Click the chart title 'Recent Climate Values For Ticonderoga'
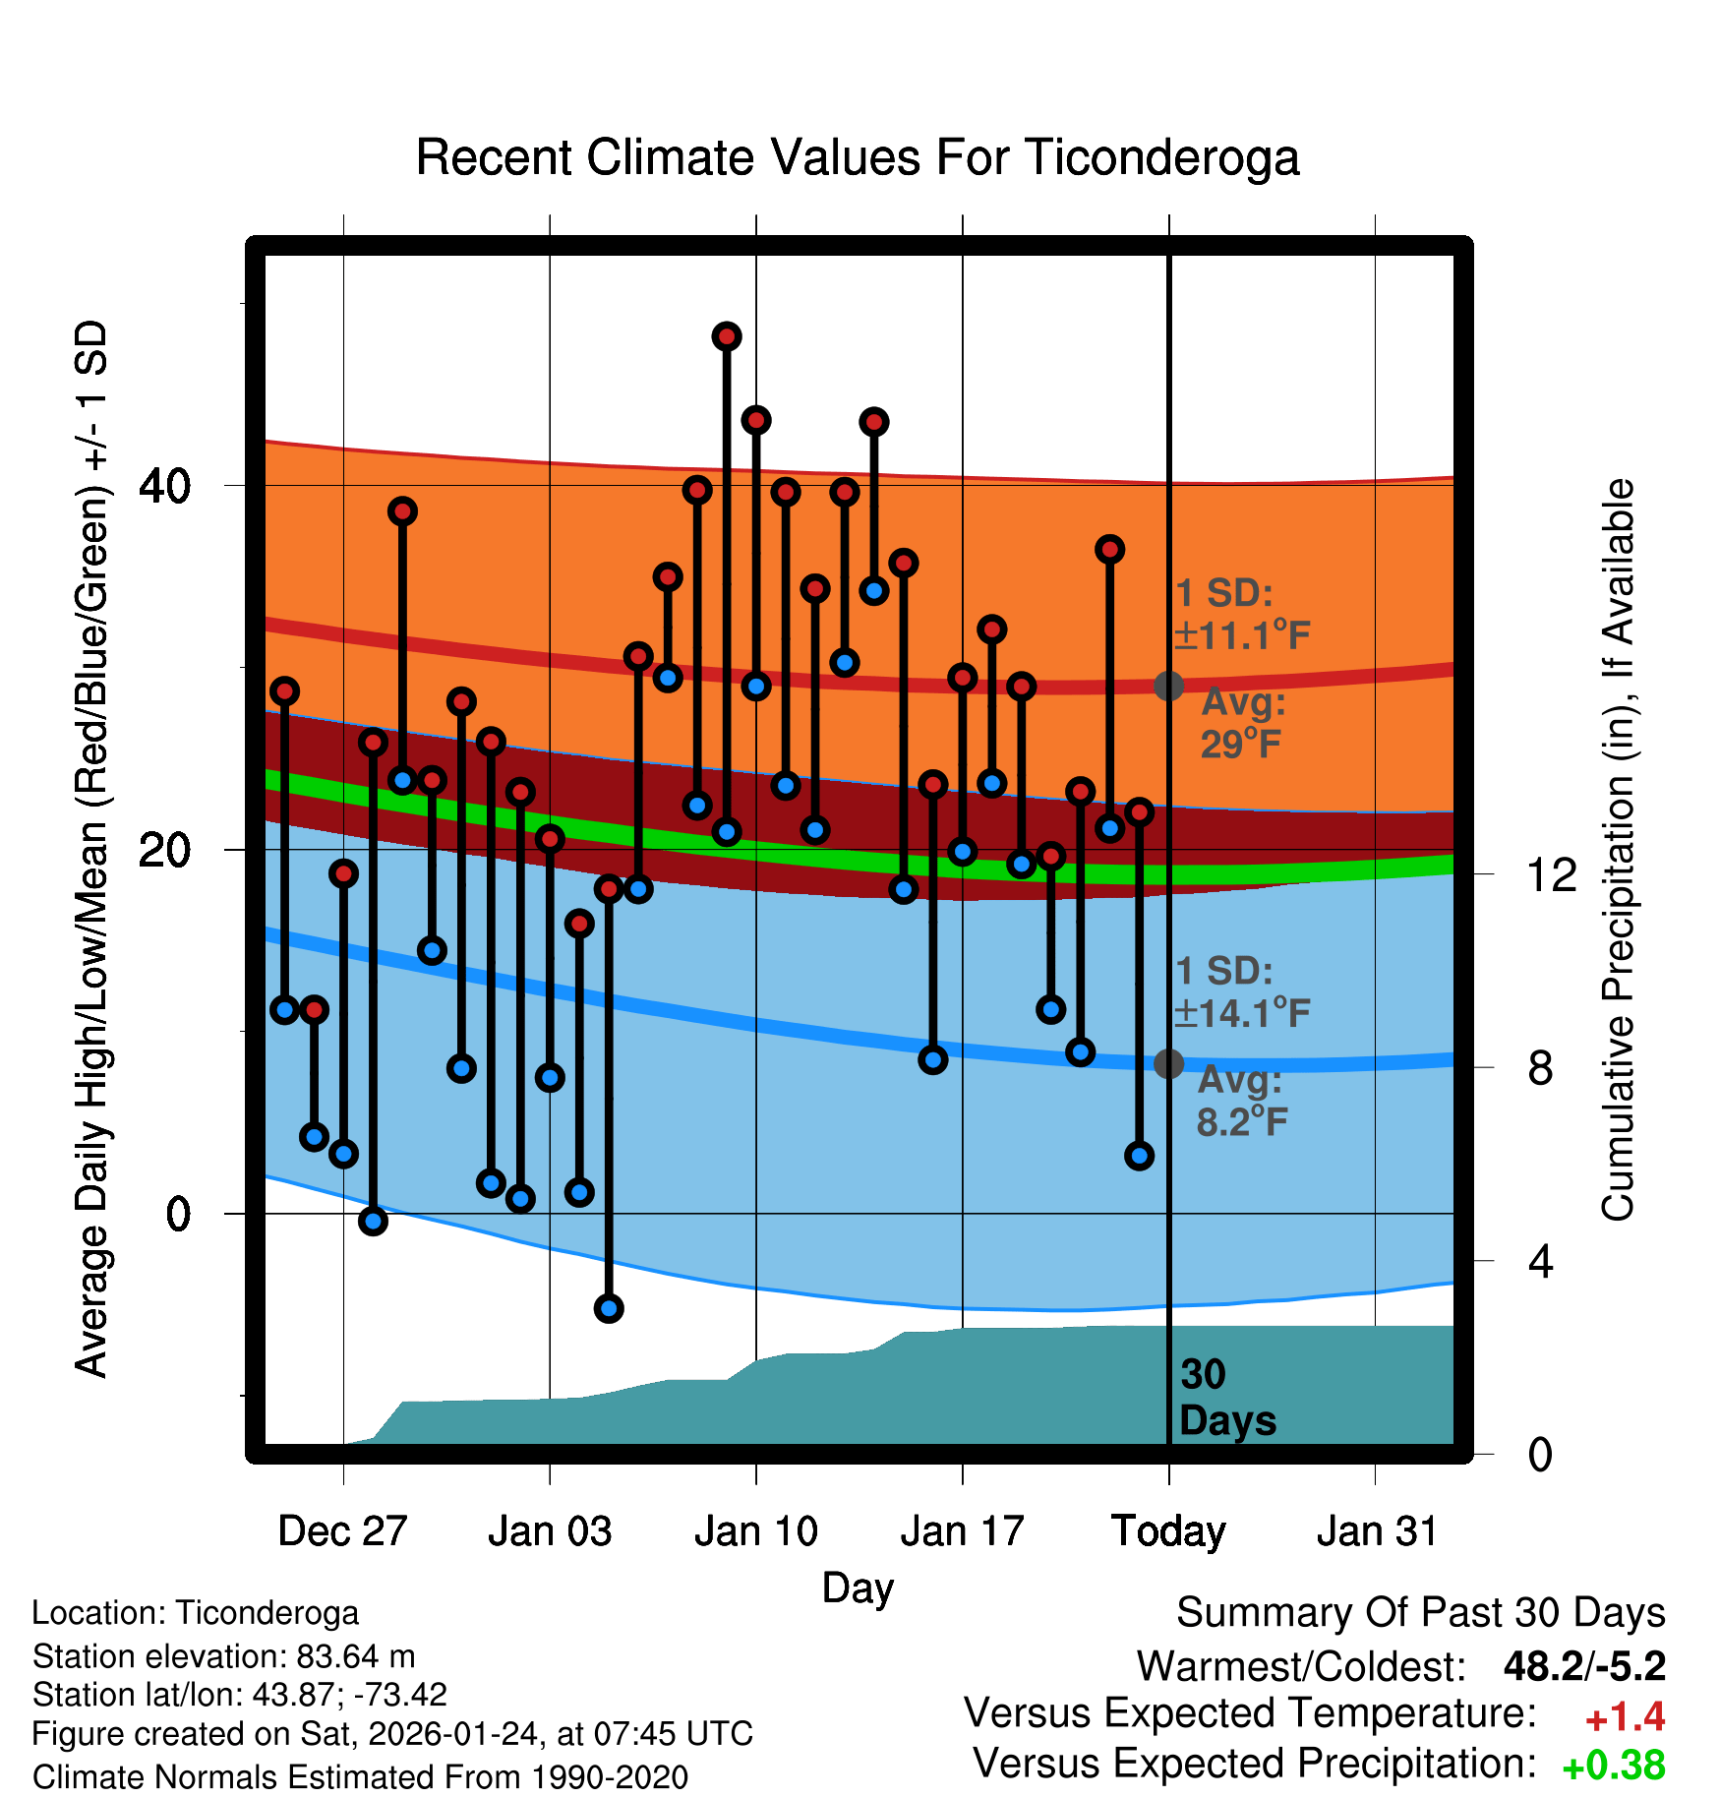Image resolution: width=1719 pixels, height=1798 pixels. pos(858,157)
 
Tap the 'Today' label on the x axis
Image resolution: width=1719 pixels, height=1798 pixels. pos(1168,1531)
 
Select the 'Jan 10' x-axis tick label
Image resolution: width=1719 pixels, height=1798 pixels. pos(755,1531)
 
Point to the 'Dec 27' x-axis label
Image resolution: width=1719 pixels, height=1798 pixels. pos(342,1531)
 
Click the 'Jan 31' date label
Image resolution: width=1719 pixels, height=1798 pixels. pos(1377,1531)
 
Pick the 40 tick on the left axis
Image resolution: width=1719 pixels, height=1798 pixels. pos(164,485)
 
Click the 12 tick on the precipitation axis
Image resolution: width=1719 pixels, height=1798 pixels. pos(1551,874)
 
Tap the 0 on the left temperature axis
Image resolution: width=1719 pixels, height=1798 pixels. pos(178,1214)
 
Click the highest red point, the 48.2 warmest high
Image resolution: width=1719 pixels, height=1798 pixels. pos(727,336)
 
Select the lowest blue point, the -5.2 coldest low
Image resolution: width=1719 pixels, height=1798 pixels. pos(609,1308)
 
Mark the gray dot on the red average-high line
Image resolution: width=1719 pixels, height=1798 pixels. pos(1168,686)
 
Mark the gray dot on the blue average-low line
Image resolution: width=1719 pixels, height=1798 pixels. pos(1168,1063)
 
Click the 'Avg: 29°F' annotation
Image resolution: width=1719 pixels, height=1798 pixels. pos(1242,723)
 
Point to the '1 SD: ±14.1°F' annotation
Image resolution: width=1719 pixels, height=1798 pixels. pos(1242,991)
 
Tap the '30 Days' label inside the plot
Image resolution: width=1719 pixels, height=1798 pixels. pos(1226,1398)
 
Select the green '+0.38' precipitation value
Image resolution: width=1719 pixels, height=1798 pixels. pos(1613,1766)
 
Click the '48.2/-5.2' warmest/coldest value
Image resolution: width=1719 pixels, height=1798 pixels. pos(1584,1666)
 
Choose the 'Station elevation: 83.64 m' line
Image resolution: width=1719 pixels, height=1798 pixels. pos(224,1656)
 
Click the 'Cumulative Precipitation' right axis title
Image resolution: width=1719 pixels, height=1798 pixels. pos(1617,850)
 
